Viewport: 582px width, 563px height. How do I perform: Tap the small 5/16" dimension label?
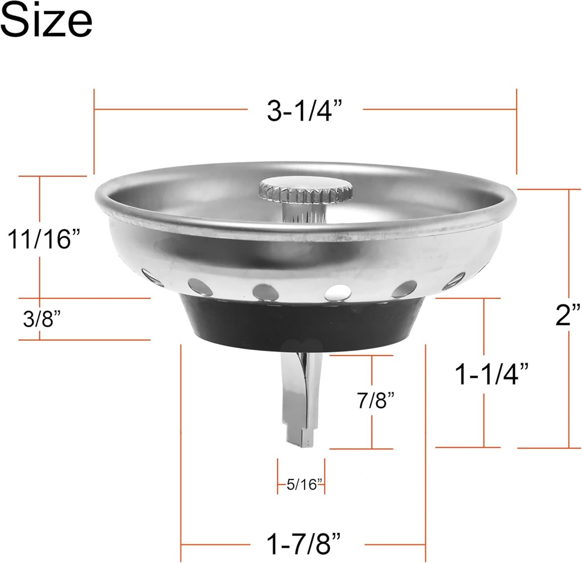click(x=304, y=485)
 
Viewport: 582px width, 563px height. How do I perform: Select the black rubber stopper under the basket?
click(x=304, y=324)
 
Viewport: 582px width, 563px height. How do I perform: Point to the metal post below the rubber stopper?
click(x=298, y=392)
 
